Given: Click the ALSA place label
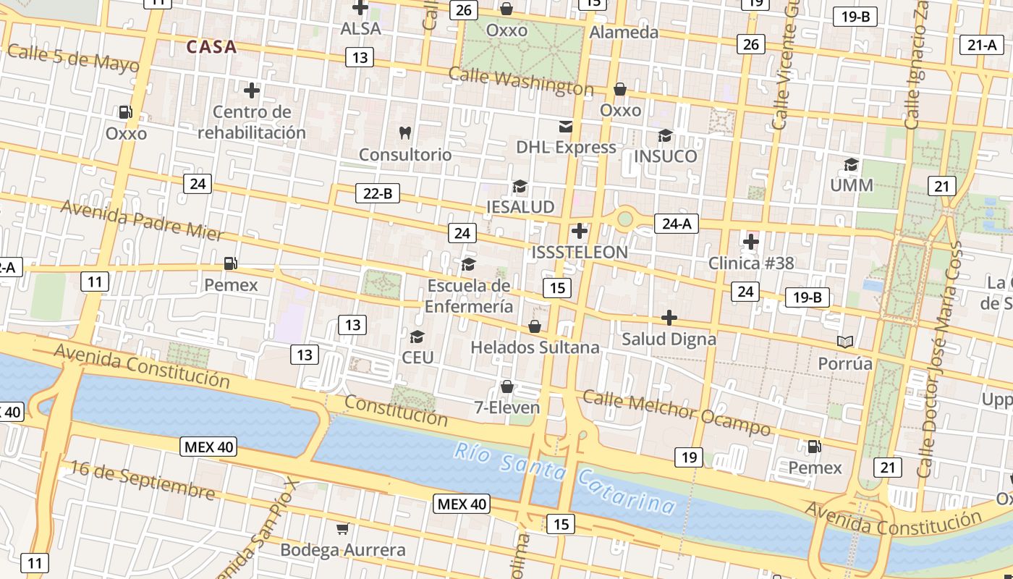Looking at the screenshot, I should point(360,29).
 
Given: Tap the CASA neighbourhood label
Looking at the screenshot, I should point(211,47).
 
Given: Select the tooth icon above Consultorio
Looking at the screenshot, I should point(405,132).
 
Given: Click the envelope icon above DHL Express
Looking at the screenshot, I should point(566,127).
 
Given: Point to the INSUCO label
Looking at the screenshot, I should point(665,156).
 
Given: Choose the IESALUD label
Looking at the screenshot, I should point(520,207).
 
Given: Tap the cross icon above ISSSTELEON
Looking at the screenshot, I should point(579,232).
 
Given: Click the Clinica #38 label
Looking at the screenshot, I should point(750,263).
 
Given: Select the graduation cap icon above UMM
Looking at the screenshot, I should point(851,164).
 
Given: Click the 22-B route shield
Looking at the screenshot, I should point(378,193).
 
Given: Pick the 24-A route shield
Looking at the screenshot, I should point(677,224).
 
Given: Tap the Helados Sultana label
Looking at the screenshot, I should point(535,347).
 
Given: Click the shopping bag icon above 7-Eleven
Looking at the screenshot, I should point(507,386).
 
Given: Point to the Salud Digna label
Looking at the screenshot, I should point(669,339).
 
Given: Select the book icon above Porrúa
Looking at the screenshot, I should point(844,342).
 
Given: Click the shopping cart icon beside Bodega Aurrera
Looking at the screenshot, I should point(342,529).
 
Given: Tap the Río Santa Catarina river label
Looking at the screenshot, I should point(564,478).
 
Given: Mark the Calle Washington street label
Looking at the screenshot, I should point(520,81).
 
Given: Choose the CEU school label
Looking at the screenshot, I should point(418,358).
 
